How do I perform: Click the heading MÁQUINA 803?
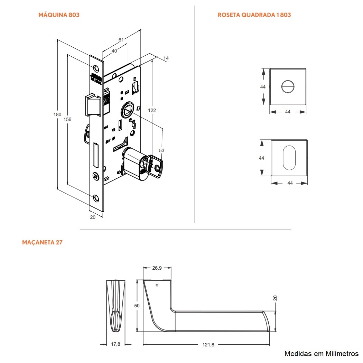pyautogui.click(x=59, y=15)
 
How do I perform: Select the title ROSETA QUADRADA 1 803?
pyautogui.click(x=254, y=15)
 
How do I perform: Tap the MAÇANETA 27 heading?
pyautogui.click(x=42, y=242)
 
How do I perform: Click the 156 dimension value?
pyautogui.click(x=67, y=119)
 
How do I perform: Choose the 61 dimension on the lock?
pyautogui.click(x=121, y=40)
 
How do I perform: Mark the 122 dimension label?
pyautogui.click(x=152, y=110)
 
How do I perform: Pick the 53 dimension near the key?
pyautogui.click(x=161, y=150)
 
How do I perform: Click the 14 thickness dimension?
pyautogui.click(x=166, y=58)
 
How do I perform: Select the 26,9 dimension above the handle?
pyautogui.click(x=157, y=268)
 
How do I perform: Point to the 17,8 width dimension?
pyautogui.click(x=116, y=344)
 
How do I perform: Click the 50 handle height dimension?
pyautogui.click(x=137, y=306)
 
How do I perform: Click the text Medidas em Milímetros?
pyautogui.click(x=322, y=354)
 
